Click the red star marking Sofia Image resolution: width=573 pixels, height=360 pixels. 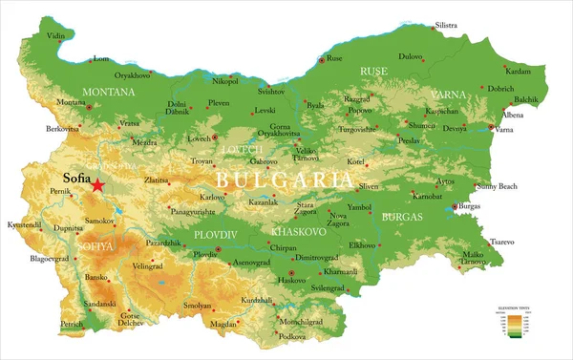point(97,183)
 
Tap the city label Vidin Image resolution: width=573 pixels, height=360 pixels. point(57,36)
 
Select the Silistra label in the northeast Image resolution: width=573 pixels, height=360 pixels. point(446,25)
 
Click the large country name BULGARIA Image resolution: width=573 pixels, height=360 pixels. point(284,180)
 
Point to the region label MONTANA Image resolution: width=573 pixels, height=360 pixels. point(109,92)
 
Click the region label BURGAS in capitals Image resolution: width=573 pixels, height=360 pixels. point(401,218)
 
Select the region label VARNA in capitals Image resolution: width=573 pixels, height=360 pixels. point(448,95)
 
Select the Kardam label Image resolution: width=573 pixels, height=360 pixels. point(518,72)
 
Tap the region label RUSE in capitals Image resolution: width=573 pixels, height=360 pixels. point(373,72)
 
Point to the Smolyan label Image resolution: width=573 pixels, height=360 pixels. point(199,306)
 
